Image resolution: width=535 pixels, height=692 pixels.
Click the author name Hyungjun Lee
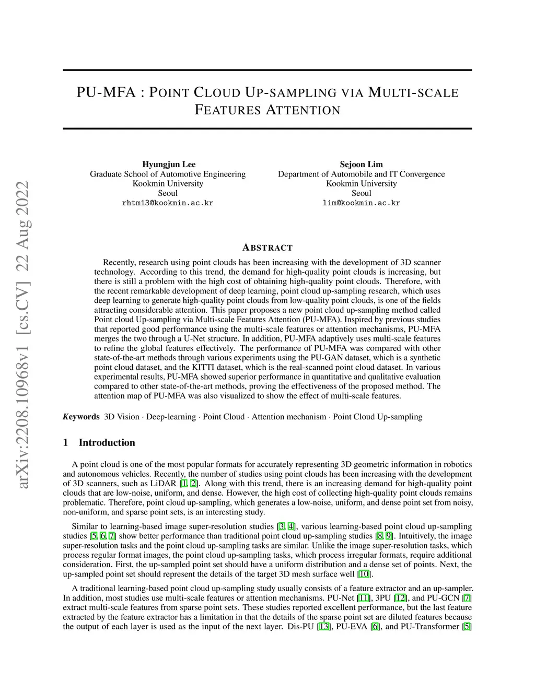point(168,165)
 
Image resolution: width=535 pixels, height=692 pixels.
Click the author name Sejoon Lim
point(361,165)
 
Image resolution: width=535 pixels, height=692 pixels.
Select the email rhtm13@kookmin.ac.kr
point(168,203)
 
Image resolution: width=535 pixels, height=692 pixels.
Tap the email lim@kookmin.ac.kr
point(361,203)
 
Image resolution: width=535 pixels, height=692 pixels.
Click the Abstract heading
point(267,248)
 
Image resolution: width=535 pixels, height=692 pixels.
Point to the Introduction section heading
point(107,442)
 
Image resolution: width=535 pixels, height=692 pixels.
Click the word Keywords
point(81,417)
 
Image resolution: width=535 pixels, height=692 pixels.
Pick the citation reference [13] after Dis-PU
point(324,626)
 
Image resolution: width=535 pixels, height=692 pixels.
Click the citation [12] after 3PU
point(400,597)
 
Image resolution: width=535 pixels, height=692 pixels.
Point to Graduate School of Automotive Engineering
point(168,174)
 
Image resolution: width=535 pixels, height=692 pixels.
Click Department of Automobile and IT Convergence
point(361,174)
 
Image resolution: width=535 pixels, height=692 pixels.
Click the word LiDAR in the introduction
point(164,484)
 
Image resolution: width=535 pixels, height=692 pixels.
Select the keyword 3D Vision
point(122,417)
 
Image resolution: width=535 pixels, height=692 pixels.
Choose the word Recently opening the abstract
point(119,262)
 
